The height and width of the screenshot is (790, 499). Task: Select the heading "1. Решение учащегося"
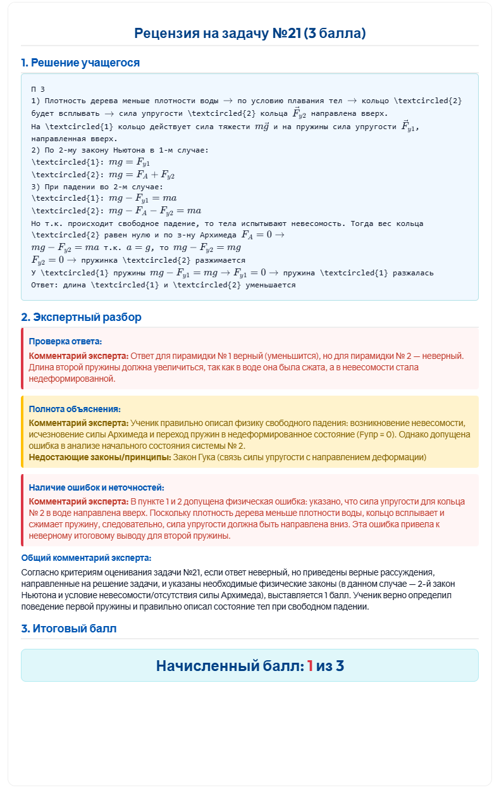click(80, 63)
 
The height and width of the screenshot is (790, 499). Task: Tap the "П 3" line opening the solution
click(37, 89)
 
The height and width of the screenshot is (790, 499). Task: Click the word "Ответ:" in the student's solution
click(44, 285)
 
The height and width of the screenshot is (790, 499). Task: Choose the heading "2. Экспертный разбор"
click(81, 317)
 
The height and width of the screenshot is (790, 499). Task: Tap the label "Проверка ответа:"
click(65, 341)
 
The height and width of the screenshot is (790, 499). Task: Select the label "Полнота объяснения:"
click(75, 409)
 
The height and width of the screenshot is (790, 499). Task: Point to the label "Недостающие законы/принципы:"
click(100, 457)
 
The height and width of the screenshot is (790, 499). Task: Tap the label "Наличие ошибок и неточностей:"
click(97, 487)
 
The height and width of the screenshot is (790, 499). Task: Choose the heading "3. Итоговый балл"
click(69, 629)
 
